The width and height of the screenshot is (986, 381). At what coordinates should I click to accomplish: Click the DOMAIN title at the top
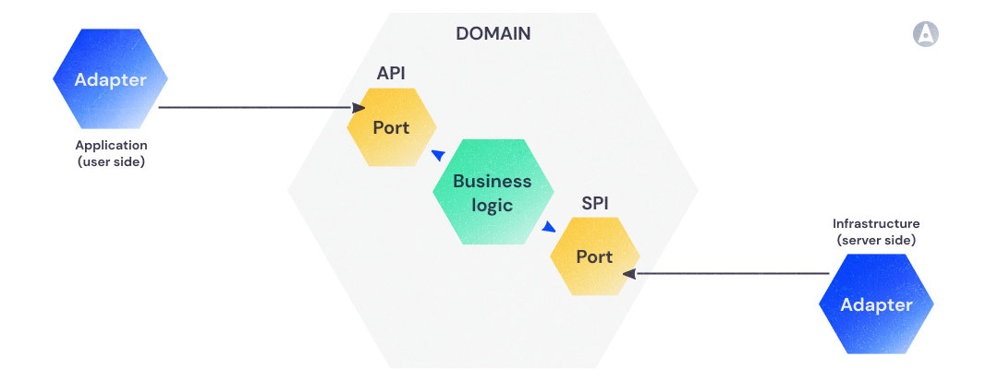493,34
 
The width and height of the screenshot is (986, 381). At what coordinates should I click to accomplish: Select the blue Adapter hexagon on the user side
110,80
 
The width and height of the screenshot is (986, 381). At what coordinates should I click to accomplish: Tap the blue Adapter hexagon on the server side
876,304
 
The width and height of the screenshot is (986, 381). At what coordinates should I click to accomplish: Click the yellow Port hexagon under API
391,127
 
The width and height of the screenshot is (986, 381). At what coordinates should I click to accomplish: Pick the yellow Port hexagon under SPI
594,256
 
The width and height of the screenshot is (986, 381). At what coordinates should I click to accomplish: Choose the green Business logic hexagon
492,193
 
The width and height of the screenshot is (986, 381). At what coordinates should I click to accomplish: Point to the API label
391,73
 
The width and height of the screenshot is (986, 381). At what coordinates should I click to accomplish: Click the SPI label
594,203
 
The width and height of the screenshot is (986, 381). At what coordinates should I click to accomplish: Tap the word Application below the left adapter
111,145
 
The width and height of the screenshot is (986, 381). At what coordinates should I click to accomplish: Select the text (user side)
111,161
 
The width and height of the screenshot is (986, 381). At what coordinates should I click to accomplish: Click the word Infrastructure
876,223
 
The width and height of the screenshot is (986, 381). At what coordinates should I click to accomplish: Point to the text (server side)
876,240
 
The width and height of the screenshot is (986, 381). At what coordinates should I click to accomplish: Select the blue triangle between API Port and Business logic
438,155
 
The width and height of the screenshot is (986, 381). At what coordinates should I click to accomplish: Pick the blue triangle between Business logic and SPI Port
548,226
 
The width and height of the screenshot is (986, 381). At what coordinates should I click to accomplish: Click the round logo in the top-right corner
925,34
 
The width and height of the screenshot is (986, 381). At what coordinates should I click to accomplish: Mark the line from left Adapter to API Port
250,108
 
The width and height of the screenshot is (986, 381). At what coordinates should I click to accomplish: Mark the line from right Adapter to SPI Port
730,273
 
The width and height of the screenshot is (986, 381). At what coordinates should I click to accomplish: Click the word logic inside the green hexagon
492,205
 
